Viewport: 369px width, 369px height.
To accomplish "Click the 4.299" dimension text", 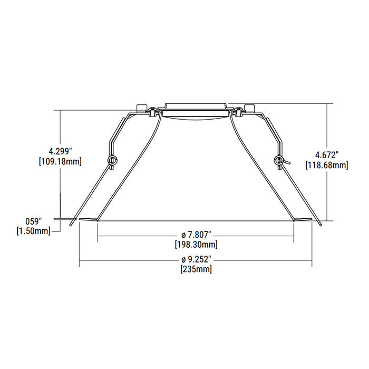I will (60, 151).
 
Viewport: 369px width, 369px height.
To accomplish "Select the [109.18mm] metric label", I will (60, 161).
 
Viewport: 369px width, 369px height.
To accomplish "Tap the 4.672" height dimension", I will (326, 154).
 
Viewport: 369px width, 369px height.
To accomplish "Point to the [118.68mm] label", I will (326, 165).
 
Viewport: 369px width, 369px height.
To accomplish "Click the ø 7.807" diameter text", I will (196, 235).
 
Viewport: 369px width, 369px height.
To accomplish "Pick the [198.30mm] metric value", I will (196, 245).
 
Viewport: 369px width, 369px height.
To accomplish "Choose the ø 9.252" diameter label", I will (196, 259).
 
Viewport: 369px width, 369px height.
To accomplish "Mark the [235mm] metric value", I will (196, 269).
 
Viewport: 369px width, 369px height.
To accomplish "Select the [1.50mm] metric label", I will (34, 230).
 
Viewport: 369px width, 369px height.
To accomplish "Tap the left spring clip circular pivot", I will (111, 160).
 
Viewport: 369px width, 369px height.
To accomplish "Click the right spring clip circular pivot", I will (278, 160).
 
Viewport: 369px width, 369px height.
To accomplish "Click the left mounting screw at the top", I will (152, 111).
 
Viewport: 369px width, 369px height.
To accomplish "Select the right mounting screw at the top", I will (239, 111).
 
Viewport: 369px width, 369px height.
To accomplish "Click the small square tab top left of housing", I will (141, 106).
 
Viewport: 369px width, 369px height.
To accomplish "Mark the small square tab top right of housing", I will (249, 106).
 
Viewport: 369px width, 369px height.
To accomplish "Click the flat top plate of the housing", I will (195, 104).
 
